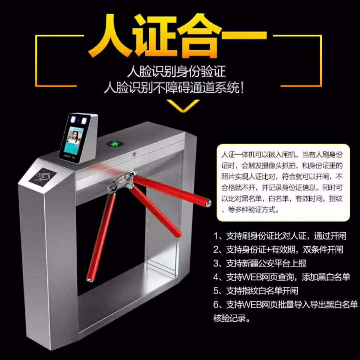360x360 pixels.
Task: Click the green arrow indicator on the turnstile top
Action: (114, 144)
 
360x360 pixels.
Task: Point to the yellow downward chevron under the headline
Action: (183, 105)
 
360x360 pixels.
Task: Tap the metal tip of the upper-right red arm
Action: (208, 203)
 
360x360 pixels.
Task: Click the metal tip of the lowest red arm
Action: (90, 279)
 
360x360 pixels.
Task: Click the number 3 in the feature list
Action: (216, 263)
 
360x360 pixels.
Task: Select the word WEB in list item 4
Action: (252, 277)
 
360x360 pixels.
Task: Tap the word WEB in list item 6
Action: (252, 305)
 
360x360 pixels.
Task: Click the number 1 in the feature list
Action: (216, 236)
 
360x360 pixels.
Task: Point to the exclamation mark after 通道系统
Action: (241, 88)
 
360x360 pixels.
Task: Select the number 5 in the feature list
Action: (216, 291)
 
